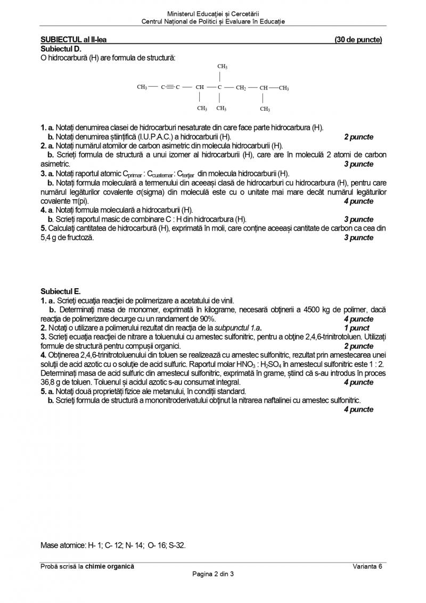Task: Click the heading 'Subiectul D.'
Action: click(x=61, y=48)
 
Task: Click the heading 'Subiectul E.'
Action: click(x=61, y=292)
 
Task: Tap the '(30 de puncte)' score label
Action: click(x=358, y=40)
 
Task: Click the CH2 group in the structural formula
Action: click(x=241, y=87)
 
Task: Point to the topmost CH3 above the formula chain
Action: click(x=223, y=66)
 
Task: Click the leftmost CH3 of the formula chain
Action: click(x=142, y=87)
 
